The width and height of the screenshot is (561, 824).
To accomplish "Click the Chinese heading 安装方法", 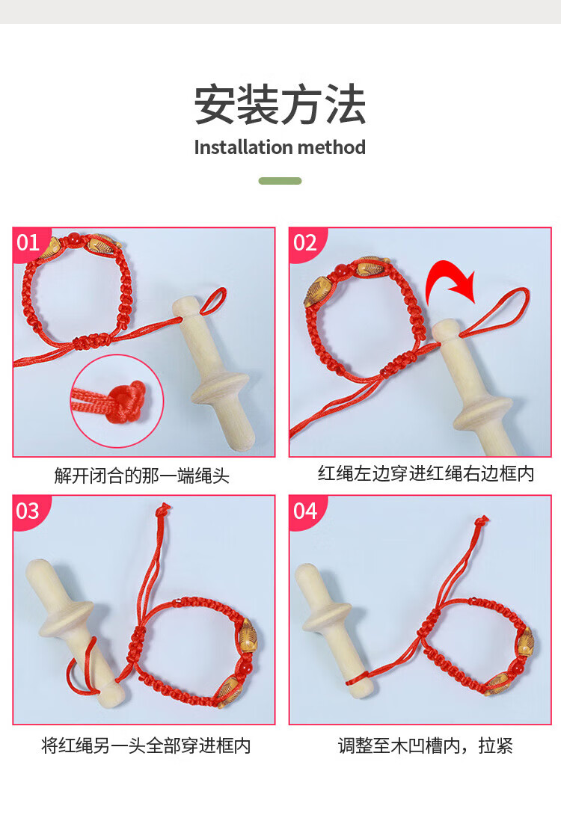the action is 280,105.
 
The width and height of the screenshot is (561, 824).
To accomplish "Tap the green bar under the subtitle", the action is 280,181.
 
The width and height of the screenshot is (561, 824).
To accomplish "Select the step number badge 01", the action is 29,242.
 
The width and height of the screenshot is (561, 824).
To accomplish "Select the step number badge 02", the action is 305,242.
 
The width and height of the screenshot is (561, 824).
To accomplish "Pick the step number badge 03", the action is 29,511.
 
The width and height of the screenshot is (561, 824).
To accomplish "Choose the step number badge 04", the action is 305,511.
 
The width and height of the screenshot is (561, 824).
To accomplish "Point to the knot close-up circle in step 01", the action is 117,402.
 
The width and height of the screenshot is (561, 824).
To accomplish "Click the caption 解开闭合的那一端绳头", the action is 142,476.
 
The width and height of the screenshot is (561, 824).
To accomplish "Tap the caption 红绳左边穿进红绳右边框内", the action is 426,473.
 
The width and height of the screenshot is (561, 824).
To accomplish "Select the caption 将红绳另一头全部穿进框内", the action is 146,745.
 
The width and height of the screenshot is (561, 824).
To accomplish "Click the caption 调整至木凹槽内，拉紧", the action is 425,745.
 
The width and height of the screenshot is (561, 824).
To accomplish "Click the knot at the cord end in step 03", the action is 164,508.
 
